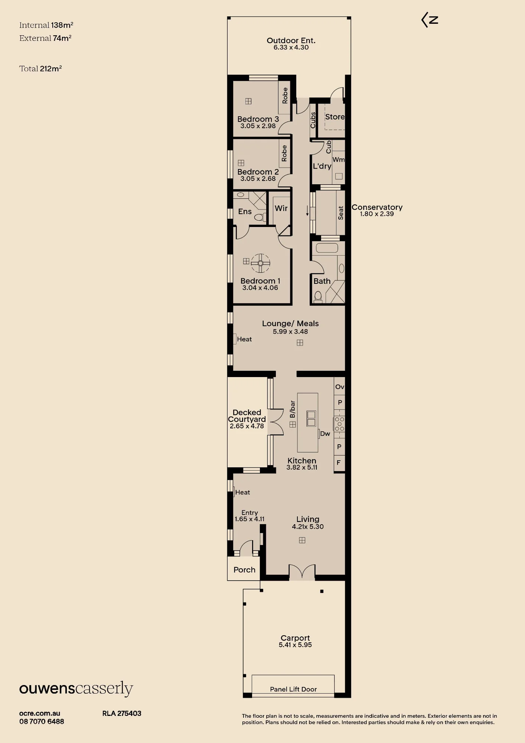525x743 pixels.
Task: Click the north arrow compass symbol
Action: click(430, 20)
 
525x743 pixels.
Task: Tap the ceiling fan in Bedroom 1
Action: click(260, 263)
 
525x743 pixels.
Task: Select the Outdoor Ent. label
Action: click(291, 40)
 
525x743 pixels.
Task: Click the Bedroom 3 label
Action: click(258, 119)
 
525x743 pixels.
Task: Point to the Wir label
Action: click(281, 208)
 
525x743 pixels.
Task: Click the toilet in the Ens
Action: click(260, 217)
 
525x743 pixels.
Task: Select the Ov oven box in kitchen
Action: click(340, 386)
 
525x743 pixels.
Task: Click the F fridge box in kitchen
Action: click(339, 463)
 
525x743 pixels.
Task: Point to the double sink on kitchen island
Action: click(311, 419)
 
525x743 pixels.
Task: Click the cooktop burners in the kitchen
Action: click(340, 424)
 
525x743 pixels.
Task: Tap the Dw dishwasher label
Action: click(325, 434)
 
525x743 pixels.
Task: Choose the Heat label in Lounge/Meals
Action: click(244, 339)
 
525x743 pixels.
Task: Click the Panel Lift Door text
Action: click(293, 689)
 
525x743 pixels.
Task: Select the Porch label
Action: click(244, 570)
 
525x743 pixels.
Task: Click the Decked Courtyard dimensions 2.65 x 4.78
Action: click(247, 426)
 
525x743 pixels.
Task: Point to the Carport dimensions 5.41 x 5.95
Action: click(295, 645)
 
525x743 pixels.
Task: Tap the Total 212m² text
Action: click(40, 68)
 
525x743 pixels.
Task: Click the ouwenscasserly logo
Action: click(76, 689)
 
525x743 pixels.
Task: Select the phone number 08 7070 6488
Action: click(42, 721)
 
